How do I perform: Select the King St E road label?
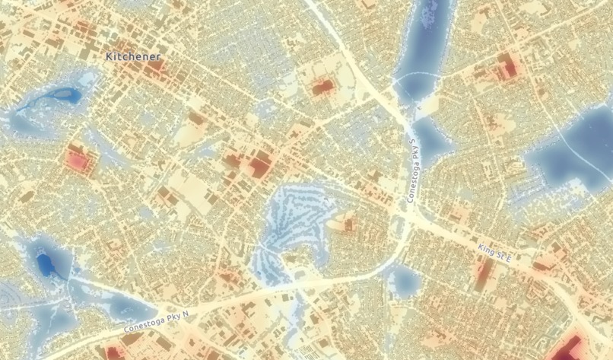pos(495,253)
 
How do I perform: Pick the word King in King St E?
pos(485,249)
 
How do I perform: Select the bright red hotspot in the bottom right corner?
pos(577,346)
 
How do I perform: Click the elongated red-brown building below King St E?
pos(482,274)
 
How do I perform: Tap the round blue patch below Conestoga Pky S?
pos(404,282)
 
